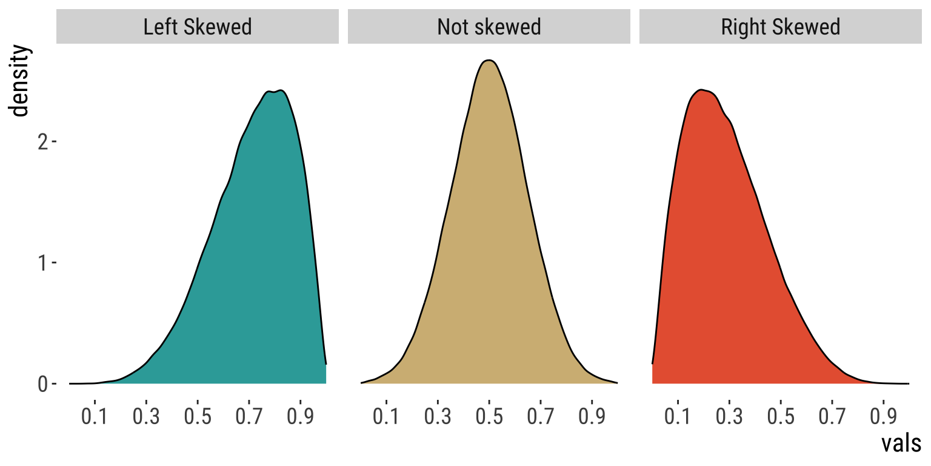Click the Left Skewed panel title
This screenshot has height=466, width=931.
(197, 27)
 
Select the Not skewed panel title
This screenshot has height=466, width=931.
(489, 27)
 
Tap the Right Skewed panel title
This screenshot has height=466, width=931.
(780, 27)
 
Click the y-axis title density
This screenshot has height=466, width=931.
(19, 81)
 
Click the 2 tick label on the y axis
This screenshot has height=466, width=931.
(43, 142)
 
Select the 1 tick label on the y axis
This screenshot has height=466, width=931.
(43, 263)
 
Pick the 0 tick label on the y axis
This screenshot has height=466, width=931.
(43, 384)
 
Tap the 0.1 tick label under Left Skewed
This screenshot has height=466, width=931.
(95, 417)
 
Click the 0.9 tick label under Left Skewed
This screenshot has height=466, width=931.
(301, 417)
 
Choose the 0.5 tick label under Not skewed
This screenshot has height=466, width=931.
(489, 417)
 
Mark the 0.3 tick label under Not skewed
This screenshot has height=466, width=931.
(438, 417)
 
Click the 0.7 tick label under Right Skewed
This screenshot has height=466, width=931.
(832, 417)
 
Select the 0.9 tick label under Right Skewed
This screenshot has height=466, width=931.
(884, 417)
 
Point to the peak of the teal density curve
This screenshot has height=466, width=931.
(281, 91)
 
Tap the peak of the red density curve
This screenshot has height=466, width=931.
(701, 90)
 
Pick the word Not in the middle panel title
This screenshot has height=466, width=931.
(452, 27)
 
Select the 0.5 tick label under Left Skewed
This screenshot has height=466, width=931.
(198, 417)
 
